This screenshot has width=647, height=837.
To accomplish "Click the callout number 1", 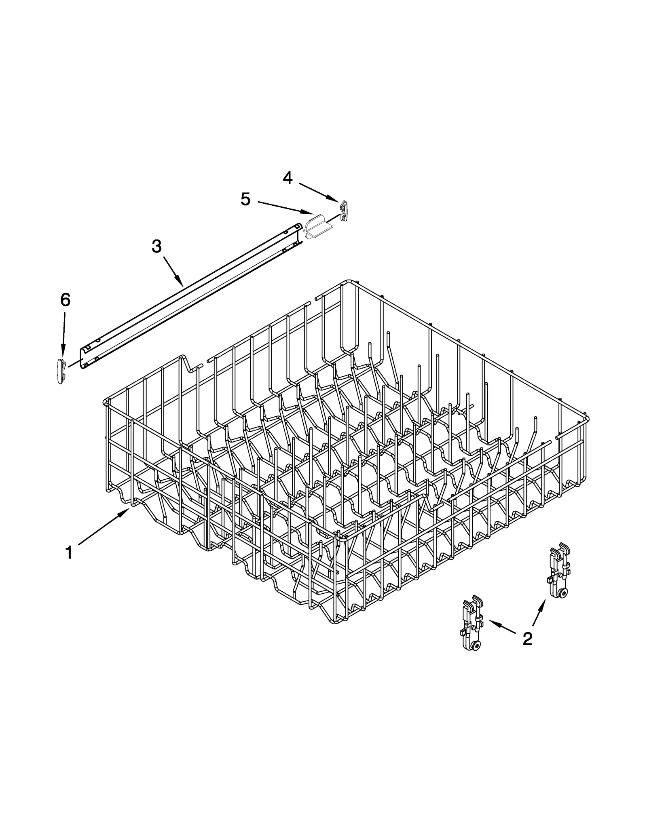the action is click(x=69, y=552).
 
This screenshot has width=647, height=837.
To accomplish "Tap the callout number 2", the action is click(x=527, y=639).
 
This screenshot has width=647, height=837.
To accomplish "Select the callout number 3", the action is click(x=156, y=246).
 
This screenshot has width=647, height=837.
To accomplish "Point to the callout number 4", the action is click(x=288, y=178).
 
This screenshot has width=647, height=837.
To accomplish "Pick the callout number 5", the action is click(x=245, y=199).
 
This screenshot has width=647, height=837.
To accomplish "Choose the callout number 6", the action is click(x=65, y=299).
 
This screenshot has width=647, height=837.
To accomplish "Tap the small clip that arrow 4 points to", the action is click(x=343, y=210).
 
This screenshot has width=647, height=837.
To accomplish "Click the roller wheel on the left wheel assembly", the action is click(x=477, y=646).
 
